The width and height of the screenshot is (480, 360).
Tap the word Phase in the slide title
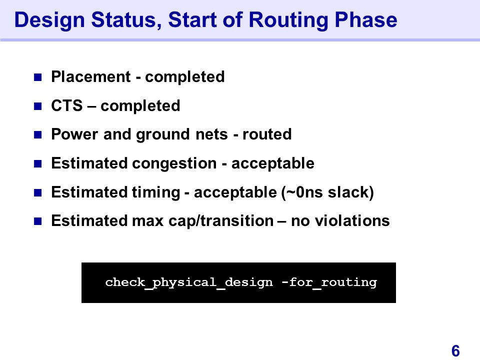coord(366,19)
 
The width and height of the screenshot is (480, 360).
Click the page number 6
coord(455,351)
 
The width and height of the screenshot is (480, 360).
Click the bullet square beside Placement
coord(37,77)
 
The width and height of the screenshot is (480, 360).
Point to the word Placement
coord(91,76)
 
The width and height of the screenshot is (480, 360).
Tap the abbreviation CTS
coord(66,105)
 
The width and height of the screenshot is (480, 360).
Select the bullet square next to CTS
coord(37,106)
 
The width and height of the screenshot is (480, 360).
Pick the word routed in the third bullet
coord(267,134)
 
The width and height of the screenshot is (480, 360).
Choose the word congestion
coord(174,164)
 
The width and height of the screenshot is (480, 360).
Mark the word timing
coord(156,193)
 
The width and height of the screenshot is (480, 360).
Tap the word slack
coord(348,192)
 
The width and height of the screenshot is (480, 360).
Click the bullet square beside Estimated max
coord(37,221)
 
